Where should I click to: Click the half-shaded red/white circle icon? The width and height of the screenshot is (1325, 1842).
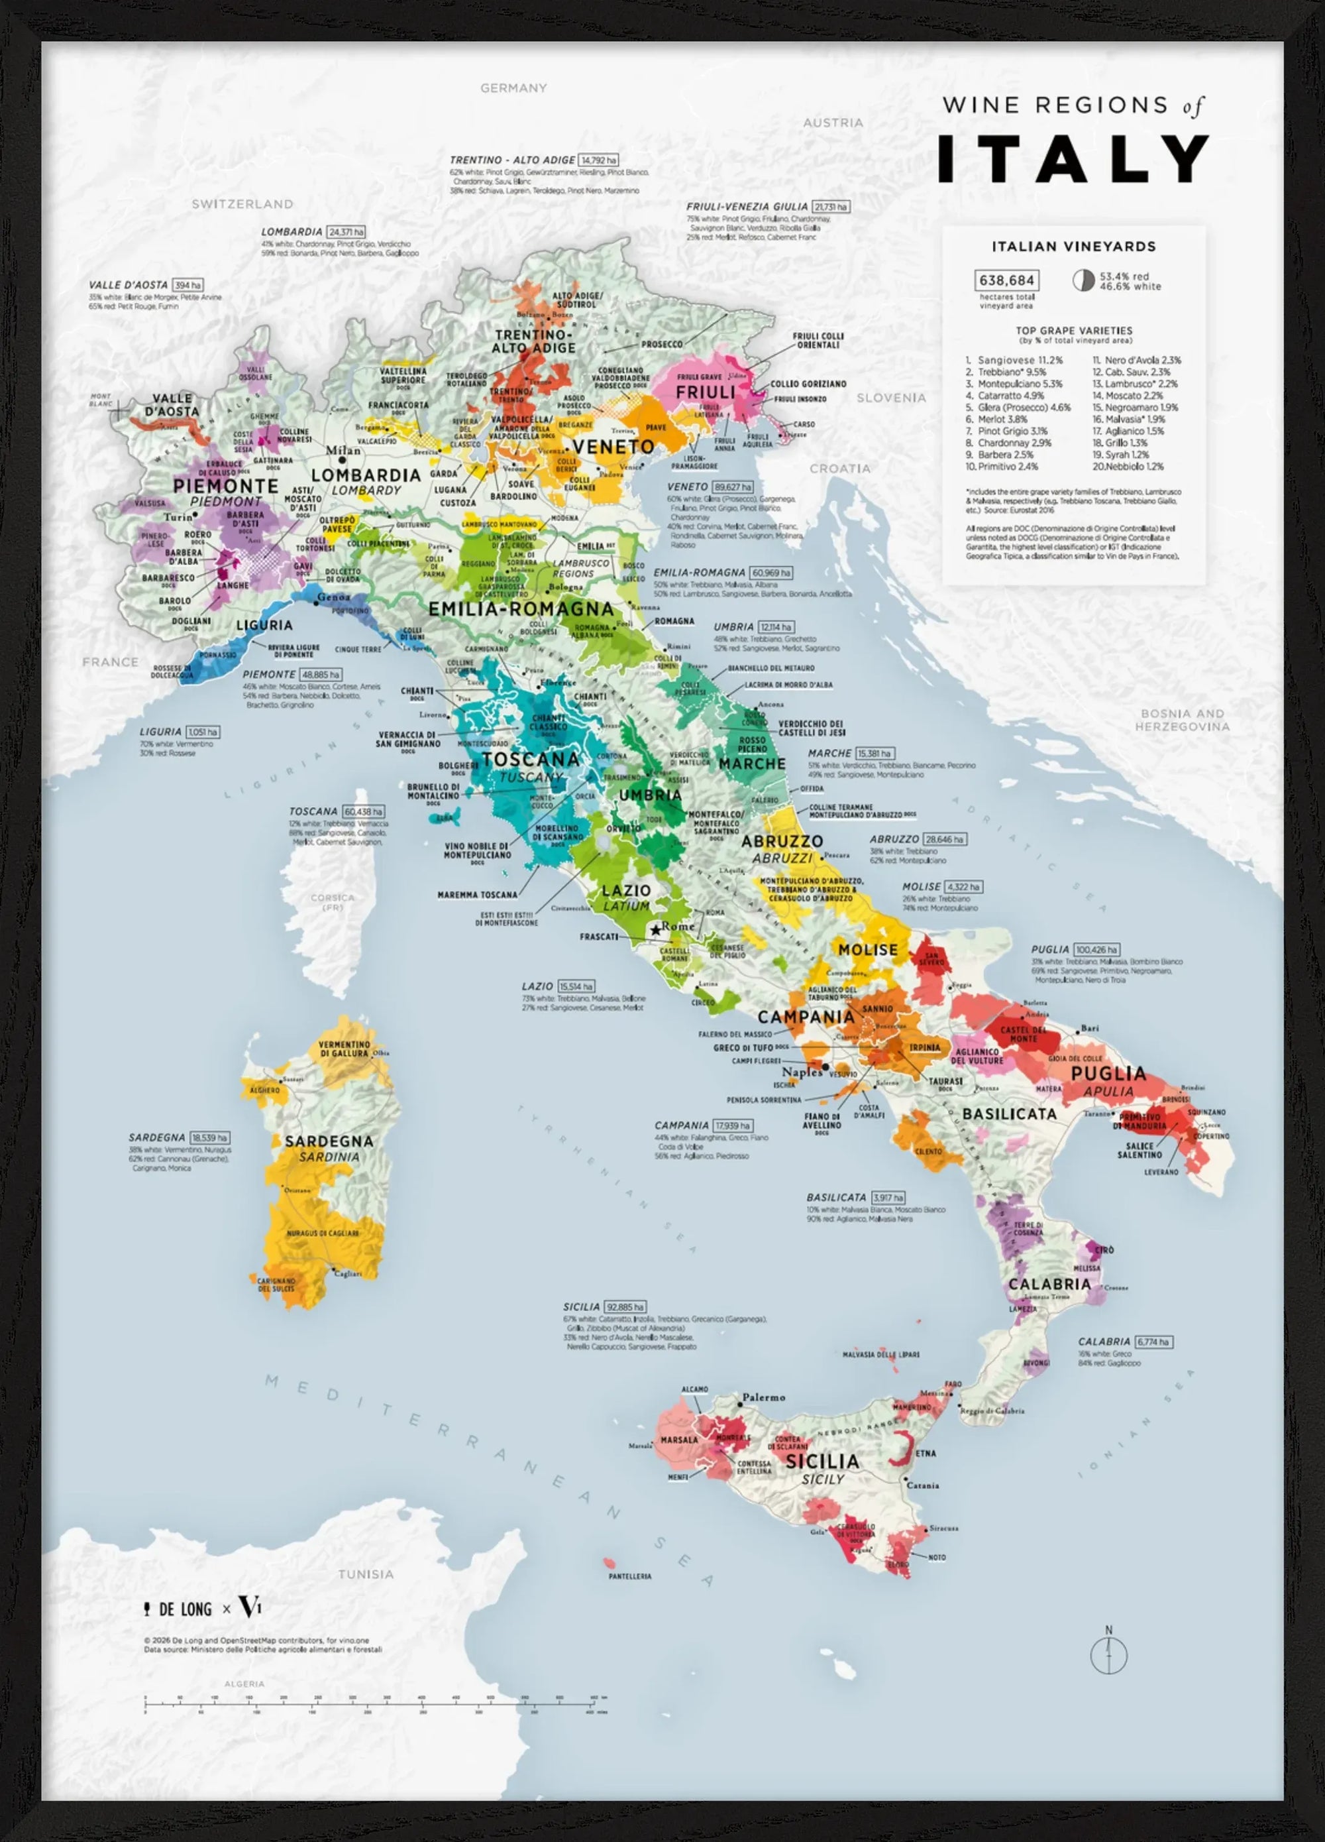[1083, 280]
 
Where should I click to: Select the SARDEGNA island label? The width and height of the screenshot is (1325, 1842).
[329, 1141]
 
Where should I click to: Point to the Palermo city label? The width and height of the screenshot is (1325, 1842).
[763, 1398]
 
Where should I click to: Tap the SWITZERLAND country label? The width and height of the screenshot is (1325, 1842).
[242, 204]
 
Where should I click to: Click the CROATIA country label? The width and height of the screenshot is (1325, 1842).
[839, 469]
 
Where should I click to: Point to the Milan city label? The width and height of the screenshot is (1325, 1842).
[343, 451]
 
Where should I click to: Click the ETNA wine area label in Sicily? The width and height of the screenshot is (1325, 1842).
[926, 1453]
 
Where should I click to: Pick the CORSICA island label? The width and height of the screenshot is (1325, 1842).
[332, 897]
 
